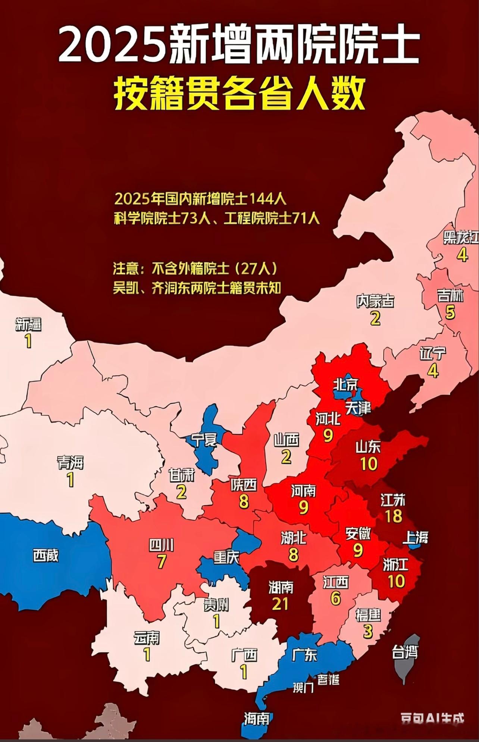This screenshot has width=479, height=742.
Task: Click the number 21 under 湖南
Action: coord(280,604)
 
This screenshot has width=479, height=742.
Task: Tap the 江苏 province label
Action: coord(393,500)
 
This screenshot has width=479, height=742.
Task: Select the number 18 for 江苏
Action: coord(393,516)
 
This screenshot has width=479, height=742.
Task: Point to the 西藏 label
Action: coord(46,556)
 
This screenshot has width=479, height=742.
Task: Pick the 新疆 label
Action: coord(28,325)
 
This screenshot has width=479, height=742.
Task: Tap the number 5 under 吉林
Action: coord(450,312)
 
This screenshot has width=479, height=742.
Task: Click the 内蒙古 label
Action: coord(375,301)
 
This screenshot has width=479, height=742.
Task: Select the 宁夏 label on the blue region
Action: coord(203,440)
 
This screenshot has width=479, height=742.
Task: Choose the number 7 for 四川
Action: coord(161,562)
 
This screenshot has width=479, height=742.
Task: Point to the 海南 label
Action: coord(257,719)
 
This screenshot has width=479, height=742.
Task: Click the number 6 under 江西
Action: coord(335,598)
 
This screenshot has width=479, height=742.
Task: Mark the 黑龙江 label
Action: coord(461,238)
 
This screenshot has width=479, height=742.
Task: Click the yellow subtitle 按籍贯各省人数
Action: coord(239,94)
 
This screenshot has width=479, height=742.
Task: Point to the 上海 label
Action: coord(415,537)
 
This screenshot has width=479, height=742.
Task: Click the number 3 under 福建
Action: coord(368,631)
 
